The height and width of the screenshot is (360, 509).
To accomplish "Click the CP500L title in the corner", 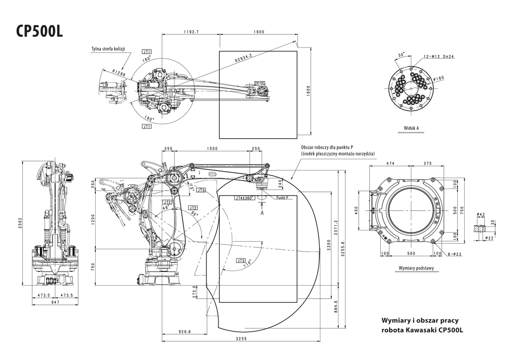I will click(x=40, y=31).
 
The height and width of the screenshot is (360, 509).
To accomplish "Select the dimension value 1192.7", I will click(x=191, y=32).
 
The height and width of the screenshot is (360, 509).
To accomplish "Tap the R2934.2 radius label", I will click(x=244, y=58).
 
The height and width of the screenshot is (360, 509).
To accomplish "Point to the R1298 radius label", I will click(x=119, y=74).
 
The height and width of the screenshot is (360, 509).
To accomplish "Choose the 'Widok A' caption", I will click(x=411, y=128).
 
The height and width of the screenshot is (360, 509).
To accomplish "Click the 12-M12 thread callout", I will click(x=438, y=56).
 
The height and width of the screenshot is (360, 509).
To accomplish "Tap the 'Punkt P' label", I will click(x=286, y=199).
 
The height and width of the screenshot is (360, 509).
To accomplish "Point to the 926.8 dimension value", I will click(x=185, y=332).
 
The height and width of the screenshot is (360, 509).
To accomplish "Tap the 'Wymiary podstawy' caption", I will click(x=416, y=268).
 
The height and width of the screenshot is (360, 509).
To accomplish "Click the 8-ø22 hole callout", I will click(x=454, y=254).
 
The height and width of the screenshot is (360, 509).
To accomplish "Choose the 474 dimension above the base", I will click(x=390, y=164).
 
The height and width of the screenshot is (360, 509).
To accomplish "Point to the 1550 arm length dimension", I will click(x=212, y=148).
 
